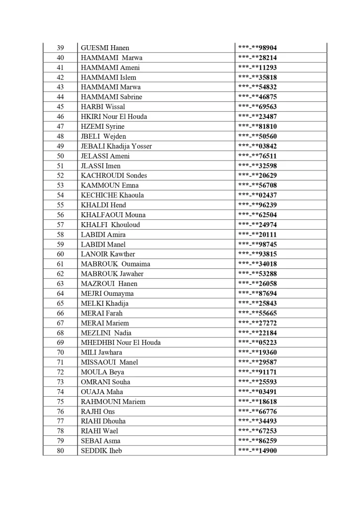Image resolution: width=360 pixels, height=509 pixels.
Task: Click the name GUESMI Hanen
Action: click(105, 48)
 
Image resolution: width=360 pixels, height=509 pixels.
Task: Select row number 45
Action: click(60, 107)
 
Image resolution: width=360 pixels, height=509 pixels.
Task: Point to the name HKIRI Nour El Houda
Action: click(114, 117)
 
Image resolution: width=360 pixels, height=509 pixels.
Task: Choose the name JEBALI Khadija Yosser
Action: click(116, 146)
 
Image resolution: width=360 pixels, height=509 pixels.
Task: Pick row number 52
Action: click(60, 175)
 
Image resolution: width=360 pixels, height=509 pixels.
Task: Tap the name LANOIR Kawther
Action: click(108, 254)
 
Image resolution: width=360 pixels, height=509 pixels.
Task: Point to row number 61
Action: click(60, 264)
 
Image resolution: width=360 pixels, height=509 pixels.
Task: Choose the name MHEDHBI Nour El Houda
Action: click(121, 342)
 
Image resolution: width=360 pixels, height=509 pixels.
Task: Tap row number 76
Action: click(60, 411)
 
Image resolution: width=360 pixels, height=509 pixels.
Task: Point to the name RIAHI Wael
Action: click(99, 431)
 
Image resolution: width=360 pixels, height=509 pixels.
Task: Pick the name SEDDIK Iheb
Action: click(101, 450)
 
